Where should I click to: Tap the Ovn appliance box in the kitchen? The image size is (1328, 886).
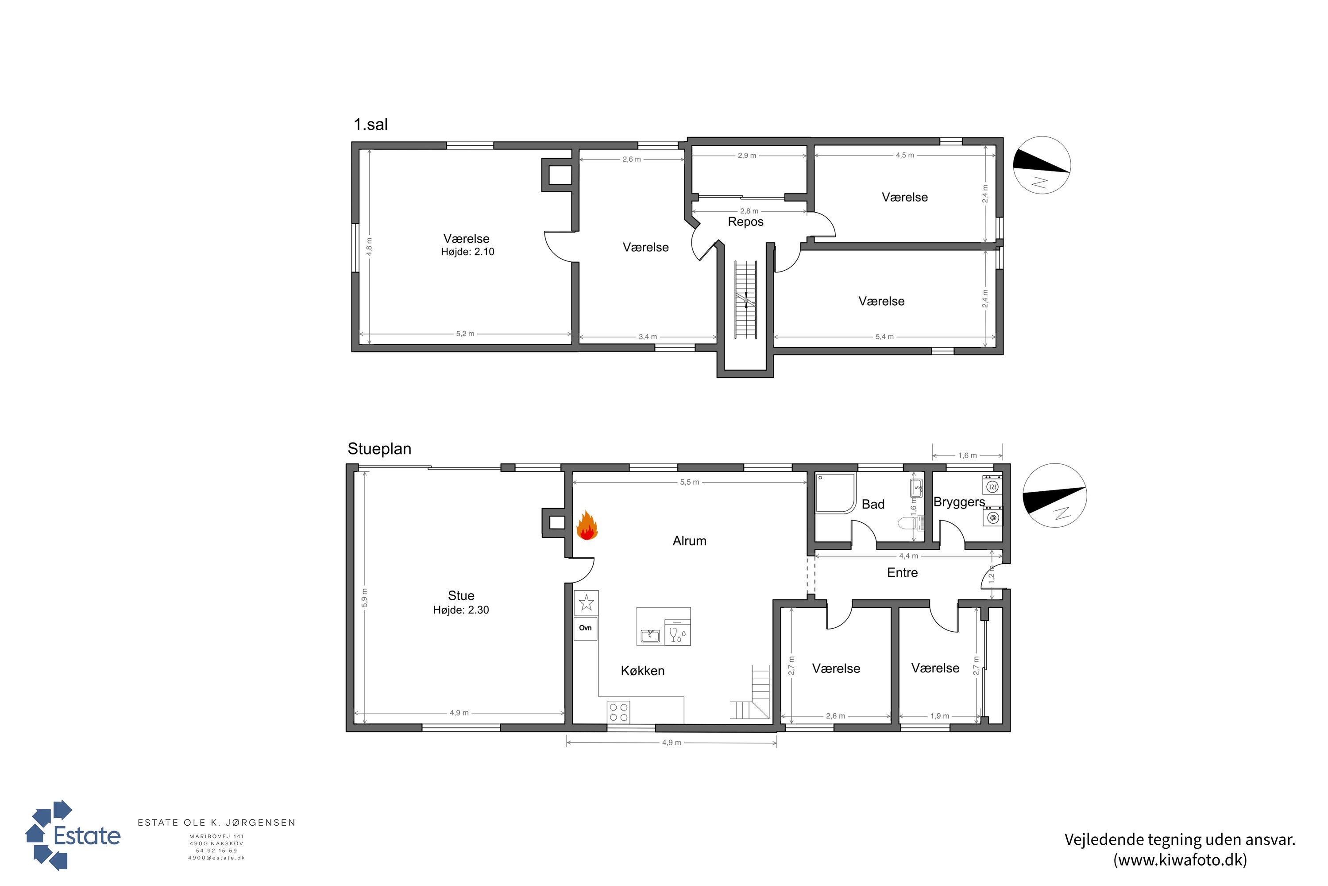pyautogui.click(x=586, y=628)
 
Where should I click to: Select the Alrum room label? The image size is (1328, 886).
pyautogui.click(x=689, y=541)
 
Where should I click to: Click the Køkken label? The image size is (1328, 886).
pyautogui.click(x=643, y=671)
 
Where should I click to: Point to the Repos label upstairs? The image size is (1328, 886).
pyautogui.click(x=745, y=221)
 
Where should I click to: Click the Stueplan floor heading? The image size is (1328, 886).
pyautogui.click(x=379, y=449)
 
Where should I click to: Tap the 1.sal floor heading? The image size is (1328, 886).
pyautogui.click(x=371, y=124)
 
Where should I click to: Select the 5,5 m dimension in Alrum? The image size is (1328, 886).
pyautogui.click(x=689, y=482)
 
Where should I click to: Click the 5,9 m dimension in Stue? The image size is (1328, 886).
pyautogui.click(x=365, y=598)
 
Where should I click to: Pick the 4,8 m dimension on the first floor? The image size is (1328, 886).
pyautogui.click(x=369, y=246)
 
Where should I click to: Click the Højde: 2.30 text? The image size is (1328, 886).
pyautogui.click(x=461, y=610)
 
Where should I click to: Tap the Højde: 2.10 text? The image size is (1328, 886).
pyautogui.click(x=467, y=252)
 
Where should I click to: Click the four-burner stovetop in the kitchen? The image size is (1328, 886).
pyautogui.click(x=619, y=712)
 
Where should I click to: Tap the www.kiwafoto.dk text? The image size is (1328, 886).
pyautogui.click(x=1180, y=860)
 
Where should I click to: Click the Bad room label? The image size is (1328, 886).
pyautogui.click(x=873, y=505)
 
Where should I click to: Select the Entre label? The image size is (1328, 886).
pyautogui.click(x=902, y=573)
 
